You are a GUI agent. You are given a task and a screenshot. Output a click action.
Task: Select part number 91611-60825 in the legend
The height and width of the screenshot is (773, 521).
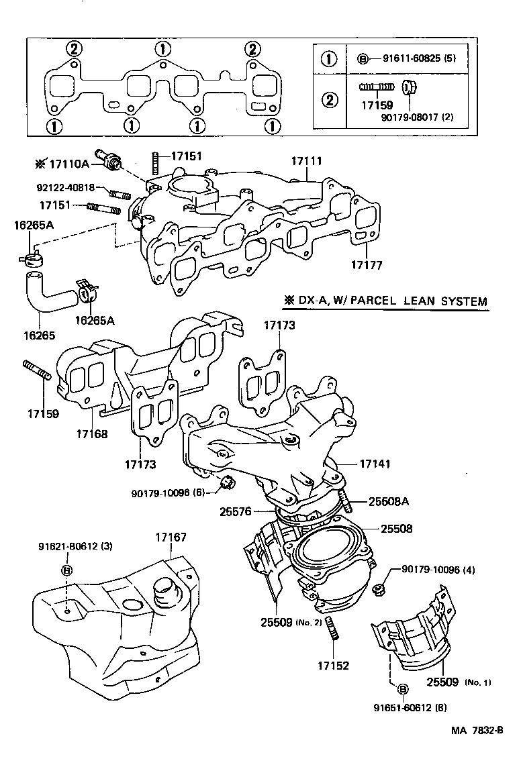(405, 58)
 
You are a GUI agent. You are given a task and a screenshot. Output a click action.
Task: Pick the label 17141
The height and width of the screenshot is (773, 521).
(375, 464)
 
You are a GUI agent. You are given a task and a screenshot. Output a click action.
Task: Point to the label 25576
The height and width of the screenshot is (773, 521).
(235, 511)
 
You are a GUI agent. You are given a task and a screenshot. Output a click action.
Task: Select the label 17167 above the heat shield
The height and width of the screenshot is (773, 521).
(171, 537)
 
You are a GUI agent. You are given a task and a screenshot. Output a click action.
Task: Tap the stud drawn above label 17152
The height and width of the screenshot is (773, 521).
(334, 631)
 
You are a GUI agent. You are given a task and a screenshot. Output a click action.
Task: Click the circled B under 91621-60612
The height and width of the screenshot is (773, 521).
(66, 570)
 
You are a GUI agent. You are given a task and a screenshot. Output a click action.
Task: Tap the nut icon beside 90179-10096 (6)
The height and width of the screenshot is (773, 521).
(228, 482)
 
